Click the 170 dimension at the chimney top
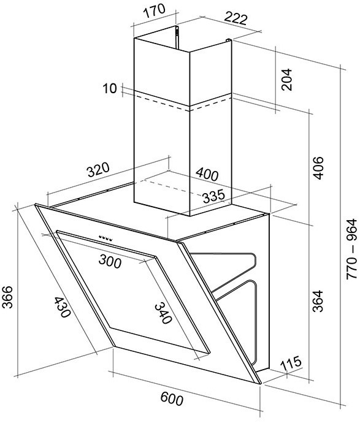[154, 11]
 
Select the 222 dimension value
[236, 18]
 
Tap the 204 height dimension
[286, 79]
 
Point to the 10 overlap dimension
[110, 88]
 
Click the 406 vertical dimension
[318, 167]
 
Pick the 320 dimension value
[98, 169]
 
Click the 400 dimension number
[207, 174]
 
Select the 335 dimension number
[213, 196]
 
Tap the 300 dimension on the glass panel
[110, 261]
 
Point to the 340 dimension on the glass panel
[163, 313]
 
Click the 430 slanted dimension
[63, 307]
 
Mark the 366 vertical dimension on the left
[7, 297]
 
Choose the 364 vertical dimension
[318, 301]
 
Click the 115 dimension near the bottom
[291, 364]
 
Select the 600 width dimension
[172, 399]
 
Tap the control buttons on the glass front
[105, 238]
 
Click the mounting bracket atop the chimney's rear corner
[177, 38]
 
